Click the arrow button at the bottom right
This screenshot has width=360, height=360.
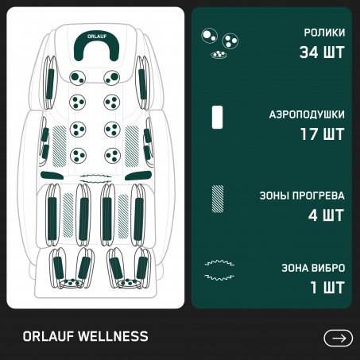pos(338,338)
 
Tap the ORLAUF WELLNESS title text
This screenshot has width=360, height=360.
pos(85,336)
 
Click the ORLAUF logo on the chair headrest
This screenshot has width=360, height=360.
pos(97,37)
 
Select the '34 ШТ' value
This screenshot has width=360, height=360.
pos(322,52)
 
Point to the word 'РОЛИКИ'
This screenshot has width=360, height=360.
pos(324,33)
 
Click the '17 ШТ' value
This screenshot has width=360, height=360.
pos(323,134)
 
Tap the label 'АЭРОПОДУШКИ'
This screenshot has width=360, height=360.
pos(307,114)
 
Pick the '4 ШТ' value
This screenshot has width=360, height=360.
pos(326,215)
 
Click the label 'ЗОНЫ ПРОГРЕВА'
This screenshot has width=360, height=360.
pos(302,195)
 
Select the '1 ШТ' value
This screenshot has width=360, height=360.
pos(327,288)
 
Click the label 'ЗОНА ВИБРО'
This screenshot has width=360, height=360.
pos(313,268)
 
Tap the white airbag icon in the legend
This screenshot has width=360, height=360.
pos(217,117)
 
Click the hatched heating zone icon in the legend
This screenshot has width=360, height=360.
pos(218,199)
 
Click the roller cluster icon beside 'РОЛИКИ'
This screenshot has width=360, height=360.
pos(219,43)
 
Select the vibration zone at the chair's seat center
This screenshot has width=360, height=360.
pos(96,178)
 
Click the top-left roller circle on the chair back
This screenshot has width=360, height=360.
pos(78,78)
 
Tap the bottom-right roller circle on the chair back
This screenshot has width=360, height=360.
pos(112,156)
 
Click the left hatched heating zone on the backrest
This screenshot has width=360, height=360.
pos(60,146)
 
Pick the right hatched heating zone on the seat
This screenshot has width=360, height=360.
pos(123,216)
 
